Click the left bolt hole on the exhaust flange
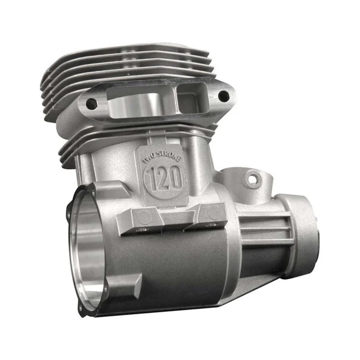91,104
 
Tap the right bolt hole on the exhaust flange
223,95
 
